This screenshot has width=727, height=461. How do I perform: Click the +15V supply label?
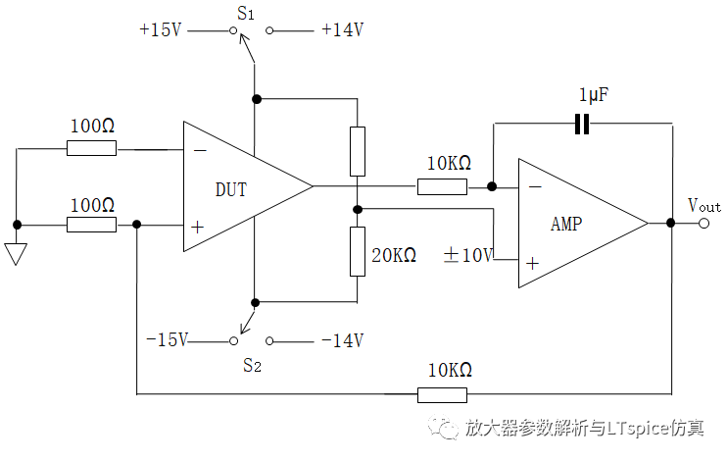click(x=161, y=30)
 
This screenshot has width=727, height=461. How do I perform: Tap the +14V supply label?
click(x=342, y=30)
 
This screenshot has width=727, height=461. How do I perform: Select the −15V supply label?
click(x=167, y=340)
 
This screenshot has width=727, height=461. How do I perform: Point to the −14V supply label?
click(x=342, y=340)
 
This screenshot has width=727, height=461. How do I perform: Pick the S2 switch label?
click(x=252, y=366)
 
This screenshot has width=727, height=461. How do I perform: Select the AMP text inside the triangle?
click(x=566, y=224)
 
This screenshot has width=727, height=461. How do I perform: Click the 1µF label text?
click(x=594, y=96)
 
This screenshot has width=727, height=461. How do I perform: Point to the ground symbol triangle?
click(x=16, y=254)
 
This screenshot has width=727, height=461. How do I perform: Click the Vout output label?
click(x=703, y=205)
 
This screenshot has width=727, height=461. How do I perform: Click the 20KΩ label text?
click(x=394, y=255)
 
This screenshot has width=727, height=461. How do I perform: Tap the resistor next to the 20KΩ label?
click(x=358, y=251)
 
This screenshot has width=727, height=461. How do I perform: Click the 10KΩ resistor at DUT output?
click(x=443, y=186)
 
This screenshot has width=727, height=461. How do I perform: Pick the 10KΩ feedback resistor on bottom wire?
click(x=443, y=394)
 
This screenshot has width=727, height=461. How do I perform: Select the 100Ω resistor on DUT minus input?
click(x=91, y=149)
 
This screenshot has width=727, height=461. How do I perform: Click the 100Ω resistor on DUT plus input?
click(x=91, y=225)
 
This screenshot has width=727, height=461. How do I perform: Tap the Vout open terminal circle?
click(x=703, y=224)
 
